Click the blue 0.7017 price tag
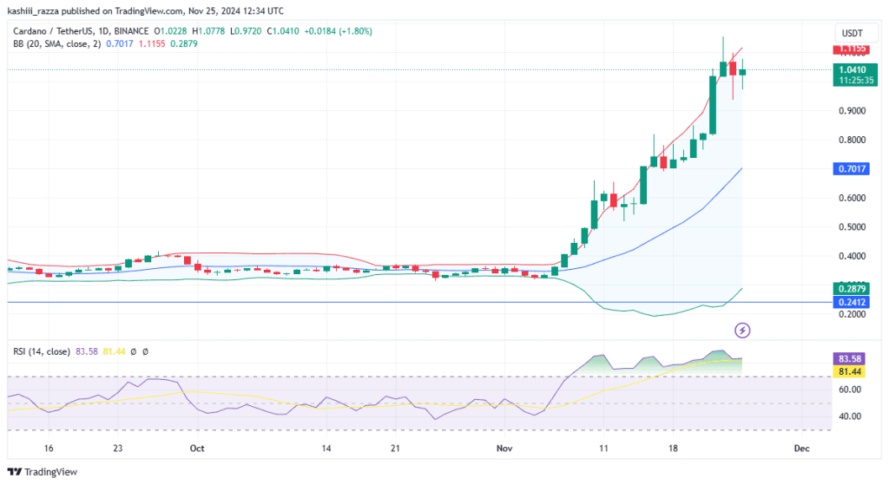click(851, 169)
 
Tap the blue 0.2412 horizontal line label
click(851, 302)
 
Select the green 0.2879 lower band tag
click(851, 289)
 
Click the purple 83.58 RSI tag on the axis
click(849, 358)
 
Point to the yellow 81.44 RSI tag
click(849, 371)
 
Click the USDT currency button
click(853, 33)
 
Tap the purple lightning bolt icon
click(742, 330)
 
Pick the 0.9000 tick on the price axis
click(853, 110)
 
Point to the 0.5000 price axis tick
click(853, 226)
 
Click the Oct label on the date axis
click(197, 449)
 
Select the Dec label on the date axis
click(801, 449)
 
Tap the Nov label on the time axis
click(504, 449)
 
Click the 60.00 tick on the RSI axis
click(850, 390)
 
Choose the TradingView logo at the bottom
click(42, 472)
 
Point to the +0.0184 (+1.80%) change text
click(339, 31)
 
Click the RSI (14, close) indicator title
click(42, 352)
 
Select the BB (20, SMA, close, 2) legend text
click(56, 43)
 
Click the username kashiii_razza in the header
click(33, 10)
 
